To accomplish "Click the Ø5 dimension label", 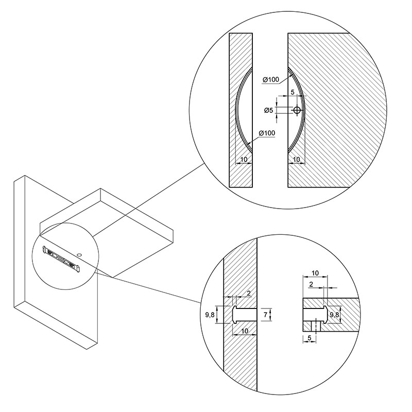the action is click(268, 110).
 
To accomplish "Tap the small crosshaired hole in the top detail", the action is click(297, 110).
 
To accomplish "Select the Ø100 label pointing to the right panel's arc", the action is click(271, 79).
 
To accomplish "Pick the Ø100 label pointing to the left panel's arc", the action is click(267, 133).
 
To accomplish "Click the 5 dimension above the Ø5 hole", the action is click(293, 92).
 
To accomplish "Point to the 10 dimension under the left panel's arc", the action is click(244, 159).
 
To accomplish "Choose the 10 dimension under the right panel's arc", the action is click(296, 159).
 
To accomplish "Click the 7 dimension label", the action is click(265, 315).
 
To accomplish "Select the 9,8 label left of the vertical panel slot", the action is click(210, 315).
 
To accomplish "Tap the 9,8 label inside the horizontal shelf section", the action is click(334, 315).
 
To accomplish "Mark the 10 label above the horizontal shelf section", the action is click(315, 273).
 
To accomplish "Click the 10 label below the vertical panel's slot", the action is click(244, 331).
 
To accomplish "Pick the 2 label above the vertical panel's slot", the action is click(249, 293).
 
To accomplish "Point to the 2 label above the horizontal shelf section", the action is click(312, 284).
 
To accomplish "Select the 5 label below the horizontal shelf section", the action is click(310, 338).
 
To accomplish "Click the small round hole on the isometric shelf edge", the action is click(79, 254).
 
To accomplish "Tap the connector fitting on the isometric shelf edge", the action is click(62, 259).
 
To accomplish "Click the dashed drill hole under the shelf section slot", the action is click(315, 326).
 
